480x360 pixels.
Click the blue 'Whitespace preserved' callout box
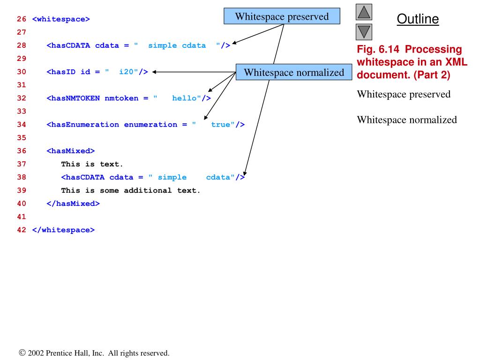(282, 17)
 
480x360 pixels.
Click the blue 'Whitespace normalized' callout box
(293, 73)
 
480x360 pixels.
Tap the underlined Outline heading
(418, 19)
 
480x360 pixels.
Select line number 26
(22, 20)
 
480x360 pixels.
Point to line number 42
(22, 230)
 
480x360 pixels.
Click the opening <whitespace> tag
(61, 20)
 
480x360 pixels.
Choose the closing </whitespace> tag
(63, 230)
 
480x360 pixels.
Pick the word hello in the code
(184, 98)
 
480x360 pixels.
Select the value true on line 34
(220, 125)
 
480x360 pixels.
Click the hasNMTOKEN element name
(75, 98)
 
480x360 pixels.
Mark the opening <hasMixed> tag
(71, 151)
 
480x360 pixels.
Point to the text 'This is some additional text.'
(131, 190)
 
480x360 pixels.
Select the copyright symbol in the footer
(22, 353)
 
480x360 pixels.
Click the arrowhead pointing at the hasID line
(154, 72)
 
